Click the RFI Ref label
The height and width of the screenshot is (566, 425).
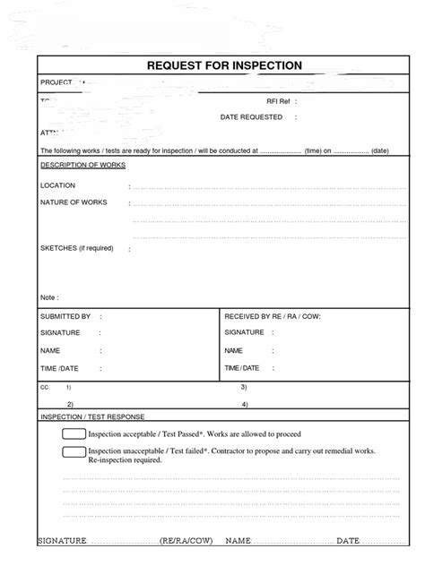tap(279, 101)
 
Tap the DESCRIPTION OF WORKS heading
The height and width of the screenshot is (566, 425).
tap(82, 166)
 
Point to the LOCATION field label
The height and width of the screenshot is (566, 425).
tap(57, 185)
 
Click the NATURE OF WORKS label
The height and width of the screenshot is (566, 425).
tap(74, 202)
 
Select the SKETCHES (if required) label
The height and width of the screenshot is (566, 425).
tap(76, 247)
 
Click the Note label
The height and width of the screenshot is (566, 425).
tap(48, 296)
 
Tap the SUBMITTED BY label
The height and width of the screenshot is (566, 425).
tap(65, 316)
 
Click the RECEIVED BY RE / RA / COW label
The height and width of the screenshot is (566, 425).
tap(272, 316)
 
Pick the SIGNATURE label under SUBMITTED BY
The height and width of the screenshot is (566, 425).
tap(60, 333)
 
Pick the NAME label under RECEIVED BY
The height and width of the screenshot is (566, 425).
tap(234, 350)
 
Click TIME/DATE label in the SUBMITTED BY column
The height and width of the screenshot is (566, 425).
tap(59, 368)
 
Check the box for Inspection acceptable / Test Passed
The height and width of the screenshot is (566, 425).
tap(74, 434)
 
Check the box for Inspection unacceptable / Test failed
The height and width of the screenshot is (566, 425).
tap(74, 451)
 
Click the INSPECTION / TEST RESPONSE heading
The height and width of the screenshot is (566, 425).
tap(92, 416)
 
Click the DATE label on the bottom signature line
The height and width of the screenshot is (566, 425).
tap(348, 541)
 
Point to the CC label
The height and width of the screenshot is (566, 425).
tap(44, 388)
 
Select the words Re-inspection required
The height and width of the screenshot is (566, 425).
tap(125, 460)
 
